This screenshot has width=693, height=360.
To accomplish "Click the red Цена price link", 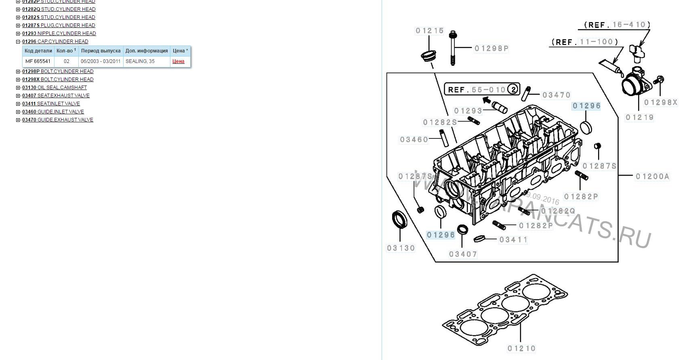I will click(178, 61).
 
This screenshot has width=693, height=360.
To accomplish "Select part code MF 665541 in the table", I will click(38, 61).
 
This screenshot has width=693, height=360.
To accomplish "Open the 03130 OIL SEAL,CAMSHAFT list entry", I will click(55, 88).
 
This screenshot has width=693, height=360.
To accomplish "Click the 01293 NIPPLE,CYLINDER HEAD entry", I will click(59, 33).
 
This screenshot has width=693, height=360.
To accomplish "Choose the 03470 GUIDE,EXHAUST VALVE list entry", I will click(58, 120).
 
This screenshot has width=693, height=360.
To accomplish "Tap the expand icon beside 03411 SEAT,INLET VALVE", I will click(18, 104).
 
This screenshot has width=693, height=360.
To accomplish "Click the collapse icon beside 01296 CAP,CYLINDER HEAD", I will click(18, 42).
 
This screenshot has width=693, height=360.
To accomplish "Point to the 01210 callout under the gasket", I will click(521, 348).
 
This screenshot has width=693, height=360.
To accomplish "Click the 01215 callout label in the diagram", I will click(430, 31).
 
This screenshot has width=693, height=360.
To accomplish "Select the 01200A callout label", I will click(652, 176).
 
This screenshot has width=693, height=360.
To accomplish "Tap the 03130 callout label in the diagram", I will click(401, 248).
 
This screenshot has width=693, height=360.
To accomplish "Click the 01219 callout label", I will click(639, 117).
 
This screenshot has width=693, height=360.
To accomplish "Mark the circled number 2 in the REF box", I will click(513, 89).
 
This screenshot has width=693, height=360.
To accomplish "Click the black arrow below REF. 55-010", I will click(487, 100).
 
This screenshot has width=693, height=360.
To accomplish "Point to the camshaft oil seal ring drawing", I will click(400, 220).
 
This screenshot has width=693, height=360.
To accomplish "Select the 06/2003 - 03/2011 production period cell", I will click(101, 61).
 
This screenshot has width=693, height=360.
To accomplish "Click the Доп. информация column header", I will click(147, 51).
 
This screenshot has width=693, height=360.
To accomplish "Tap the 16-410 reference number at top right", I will click(629, 25).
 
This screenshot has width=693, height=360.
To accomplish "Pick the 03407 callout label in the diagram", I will click(463, 254).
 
